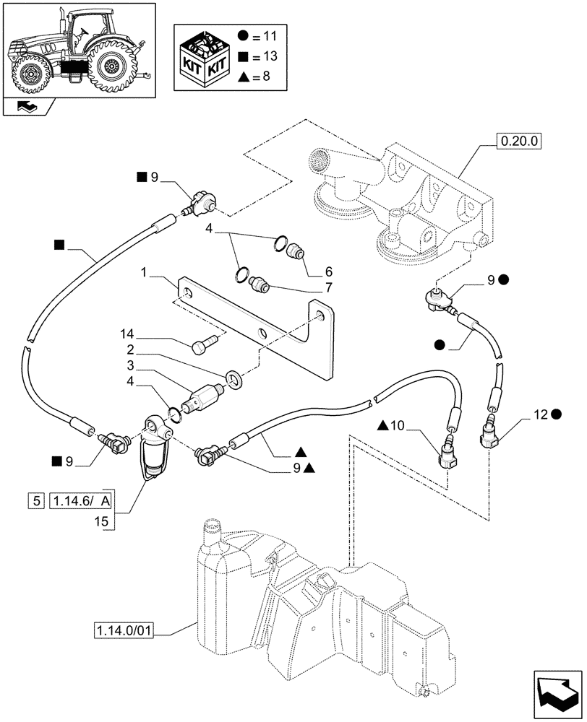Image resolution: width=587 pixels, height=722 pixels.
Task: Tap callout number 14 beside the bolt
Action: pyautogui.click(x=128, y=335)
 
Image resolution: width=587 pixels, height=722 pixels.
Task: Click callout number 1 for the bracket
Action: pyautogui.click(x=144, y=274)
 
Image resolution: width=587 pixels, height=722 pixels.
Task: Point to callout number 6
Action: pyautogui.click(x=328, y=272)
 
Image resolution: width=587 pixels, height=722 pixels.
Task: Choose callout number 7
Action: pyautogui.click(x=328, y=287)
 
